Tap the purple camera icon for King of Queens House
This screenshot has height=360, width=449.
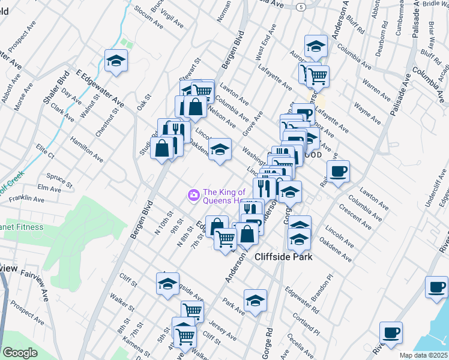click(x=193, y=194)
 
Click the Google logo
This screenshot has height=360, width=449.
click(x=20, y=353)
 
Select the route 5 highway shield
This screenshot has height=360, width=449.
click(x=301, y=6)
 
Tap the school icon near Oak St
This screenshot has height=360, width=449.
click(x=116, y=60)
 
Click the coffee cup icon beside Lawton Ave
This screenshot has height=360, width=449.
click(x=338, y=171)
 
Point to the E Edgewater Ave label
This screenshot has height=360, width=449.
click(x=98, y=89)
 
